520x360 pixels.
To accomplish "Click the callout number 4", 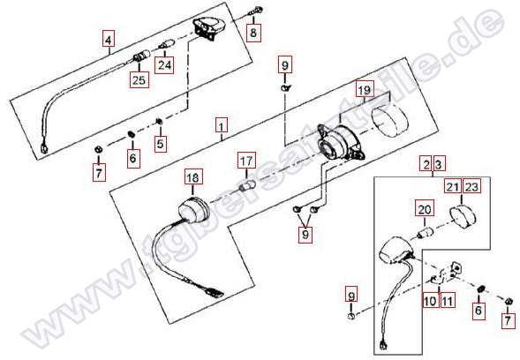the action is tap(109, 40).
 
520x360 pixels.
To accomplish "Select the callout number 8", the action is tap(253, 32).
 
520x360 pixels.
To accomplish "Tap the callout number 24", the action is tap(164, 65).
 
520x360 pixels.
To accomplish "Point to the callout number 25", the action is tap(139, 80).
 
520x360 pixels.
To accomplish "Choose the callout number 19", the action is tap(365, 89).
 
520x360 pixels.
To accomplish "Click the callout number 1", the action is tap(222, 126).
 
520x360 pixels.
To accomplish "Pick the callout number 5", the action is tap(161, 144).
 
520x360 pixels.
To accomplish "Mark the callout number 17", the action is tap(246, 161).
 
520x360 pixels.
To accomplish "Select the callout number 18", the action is tap(193, 177).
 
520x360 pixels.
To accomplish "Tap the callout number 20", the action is tap(425, 209).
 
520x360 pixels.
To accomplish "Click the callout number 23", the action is tap(471, 187).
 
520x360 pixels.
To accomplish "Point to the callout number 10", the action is tap(431, 301).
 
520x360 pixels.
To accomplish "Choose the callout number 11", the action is tap(447, 301).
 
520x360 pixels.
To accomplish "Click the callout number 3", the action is tap(439, 164).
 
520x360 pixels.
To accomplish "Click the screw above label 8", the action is tap(256, 11).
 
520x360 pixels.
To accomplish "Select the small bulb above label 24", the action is tap(167, 45).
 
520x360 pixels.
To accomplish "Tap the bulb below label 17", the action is tap(248, 186).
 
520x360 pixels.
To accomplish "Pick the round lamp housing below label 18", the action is tap(193, 209).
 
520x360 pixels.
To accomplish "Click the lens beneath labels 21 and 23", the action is tap(463, 217).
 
